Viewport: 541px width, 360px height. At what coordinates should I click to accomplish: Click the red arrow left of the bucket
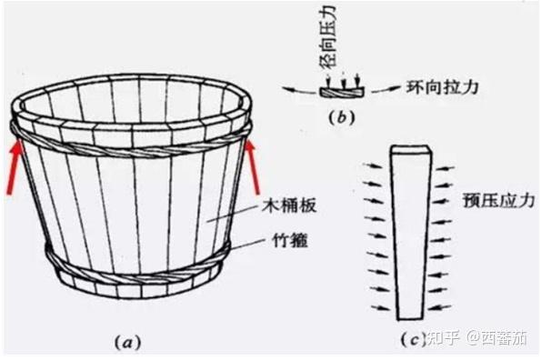[15, 168]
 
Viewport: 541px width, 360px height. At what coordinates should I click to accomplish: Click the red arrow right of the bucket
[253, 168]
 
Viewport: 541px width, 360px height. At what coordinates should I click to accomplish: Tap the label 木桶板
[289, 205]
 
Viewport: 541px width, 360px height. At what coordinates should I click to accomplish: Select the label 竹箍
[290, 240]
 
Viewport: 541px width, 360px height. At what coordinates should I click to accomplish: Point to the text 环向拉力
[443, 87]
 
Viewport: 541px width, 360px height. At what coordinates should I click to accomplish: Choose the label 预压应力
[499, 200]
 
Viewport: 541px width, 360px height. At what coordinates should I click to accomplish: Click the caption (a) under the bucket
[128, 342]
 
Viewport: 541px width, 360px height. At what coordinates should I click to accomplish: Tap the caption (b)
[342, 118]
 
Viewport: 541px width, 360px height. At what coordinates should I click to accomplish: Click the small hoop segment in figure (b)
[342, 92]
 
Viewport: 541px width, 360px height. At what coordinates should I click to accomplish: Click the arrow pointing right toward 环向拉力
[386, 90]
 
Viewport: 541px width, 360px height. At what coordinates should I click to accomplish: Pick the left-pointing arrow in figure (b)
[299, 90]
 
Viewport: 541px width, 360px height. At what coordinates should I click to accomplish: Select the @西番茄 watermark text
[497, 338]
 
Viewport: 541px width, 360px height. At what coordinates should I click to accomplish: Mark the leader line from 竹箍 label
[249, 245]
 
